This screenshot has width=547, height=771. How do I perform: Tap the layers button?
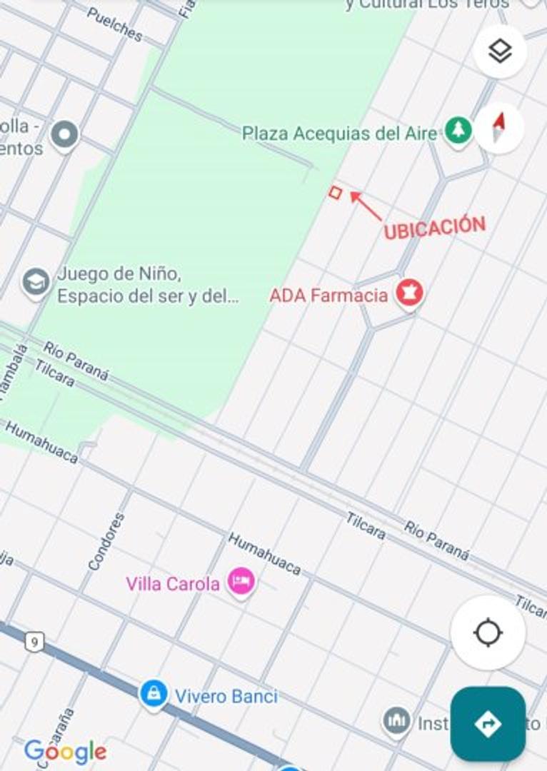(500, 51)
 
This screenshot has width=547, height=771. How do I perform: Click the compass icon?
(499, 128)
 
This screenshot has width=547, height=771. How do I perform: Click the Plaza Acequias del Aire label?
(339, 133)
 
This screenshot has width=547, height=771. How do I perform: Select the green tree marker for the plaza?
(458, 131)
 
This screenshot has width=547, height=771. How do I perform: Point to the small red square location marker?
(335, 192)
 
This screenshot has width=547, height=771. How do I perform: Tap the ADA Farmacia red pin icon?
(410, 293)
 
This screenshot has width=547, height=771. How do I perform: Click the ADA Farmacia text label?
(328, 295)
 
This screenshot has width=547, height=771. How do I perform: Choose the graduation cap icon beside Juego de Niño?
(35, 282)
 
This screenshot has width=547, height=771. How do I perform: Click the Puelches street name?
(114, 24)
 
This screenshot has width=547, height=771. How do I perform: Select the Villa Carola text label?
(173, 584)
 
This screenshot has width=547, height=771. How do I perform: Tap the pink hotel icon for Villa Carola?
(241, 582)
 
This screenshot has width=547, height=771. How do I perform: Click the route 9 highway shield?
(34, 642)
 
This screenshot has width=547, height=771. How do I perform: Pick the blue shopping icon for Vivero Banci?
(154, 693)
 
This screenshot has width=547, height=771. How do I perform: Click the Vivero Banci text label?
(226, 696)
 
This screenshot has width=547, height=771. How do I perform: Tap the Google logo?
(65, 752)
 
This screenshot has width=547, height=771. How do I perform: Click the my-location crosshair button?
(488, 633)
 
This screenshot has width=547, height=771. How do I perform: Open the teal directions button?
(488, 724)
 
